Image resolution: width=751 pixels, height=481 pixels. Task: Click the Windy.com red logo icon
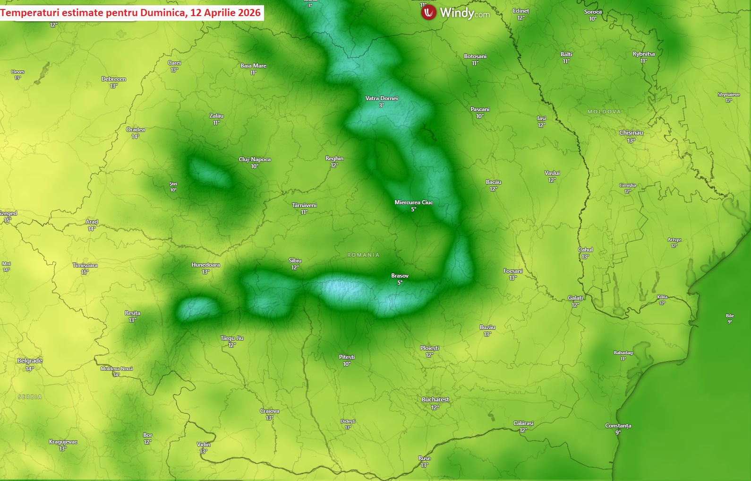[428, 13]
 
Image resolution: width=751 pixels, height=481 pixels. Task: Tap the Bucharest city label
[435, 400]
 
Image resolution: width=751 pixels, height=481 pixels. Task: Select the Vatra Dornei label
[381, 98]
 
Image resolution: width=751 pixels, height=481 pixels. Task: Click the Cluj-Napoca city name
[255, 159]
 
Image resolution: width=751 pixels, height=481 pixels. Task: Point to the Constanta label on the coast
[618, 426]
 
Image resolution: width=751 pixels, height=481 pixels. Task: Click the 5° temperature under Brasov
[400, 283]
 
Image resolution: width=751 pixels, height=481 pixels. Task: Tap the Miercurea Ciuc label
[413, 202]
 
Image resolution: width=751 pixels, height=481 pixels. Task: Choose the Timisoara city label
[85, 265]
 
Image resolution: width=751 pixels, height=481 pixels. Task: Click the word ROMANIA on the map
[363, 255]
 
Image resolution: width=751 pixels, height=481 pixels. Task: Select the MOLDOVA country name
[604, 112]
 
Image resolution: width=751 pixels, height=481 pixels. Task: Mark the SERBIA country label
[30, 397]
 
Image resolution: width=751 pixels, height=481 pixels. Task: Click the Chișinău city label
[631, 133]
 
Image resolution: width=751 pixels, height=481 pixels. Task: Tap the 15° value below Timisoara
[85, 272]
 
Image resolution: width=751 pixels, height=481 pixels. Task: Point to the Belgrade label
[30, 361]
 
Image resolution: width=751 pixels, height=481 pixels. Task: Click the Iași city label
[541, 118]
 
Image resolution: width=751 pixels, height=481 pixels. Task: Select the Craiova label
[269, 411]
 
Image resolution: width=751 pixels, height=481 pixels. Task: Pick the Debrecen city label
[113, 79]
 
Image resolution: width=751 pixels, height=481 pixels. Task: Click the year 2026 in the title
[249, 13]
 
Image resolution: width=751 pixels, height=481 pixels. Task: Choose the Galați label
[575, 298]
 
